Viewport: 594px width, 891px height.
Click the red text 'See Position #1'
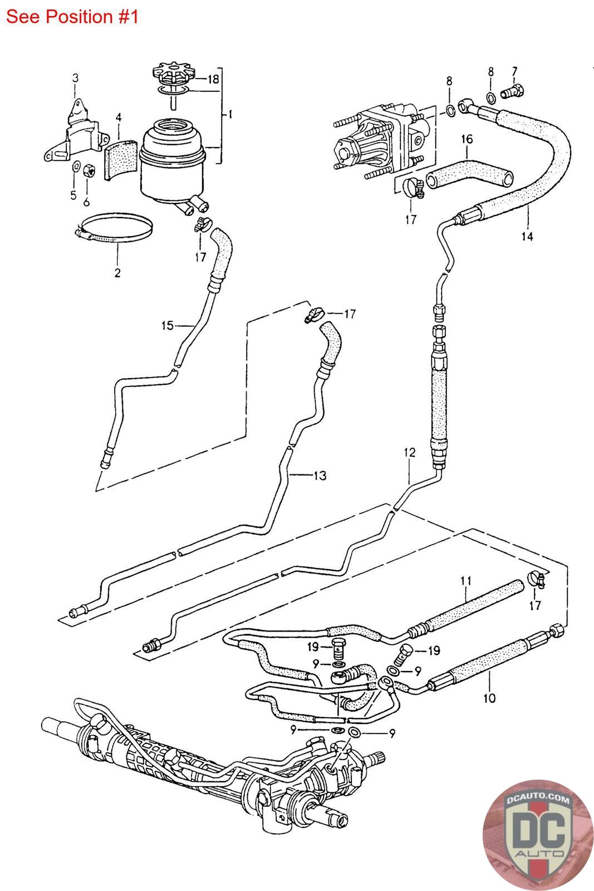(x=72, y=17)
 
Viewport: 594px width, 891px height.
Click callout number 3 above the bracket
(x=76, y=78)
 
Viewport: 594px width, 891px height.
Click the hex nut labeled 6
(x=89, y=170)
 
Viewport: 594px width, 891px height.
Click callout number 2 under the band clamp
(x=117, y=273)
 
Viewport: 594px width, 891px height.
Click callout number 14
(x=527, y=236)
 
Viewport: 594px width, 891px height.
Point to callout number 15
(x=168, y=326)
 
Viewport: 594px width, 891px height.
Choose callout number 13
(x=320, y=476)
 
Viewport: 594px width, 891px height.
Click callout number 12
(x=410, y=452)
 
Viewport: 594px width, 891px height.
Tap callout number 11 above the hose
(x=466, y=581)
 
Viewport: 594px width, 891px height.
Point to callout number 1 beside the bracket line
(x=230, y=115)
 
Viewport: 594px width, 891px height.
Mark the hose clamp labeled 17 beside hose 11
(x=536, y=579)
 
